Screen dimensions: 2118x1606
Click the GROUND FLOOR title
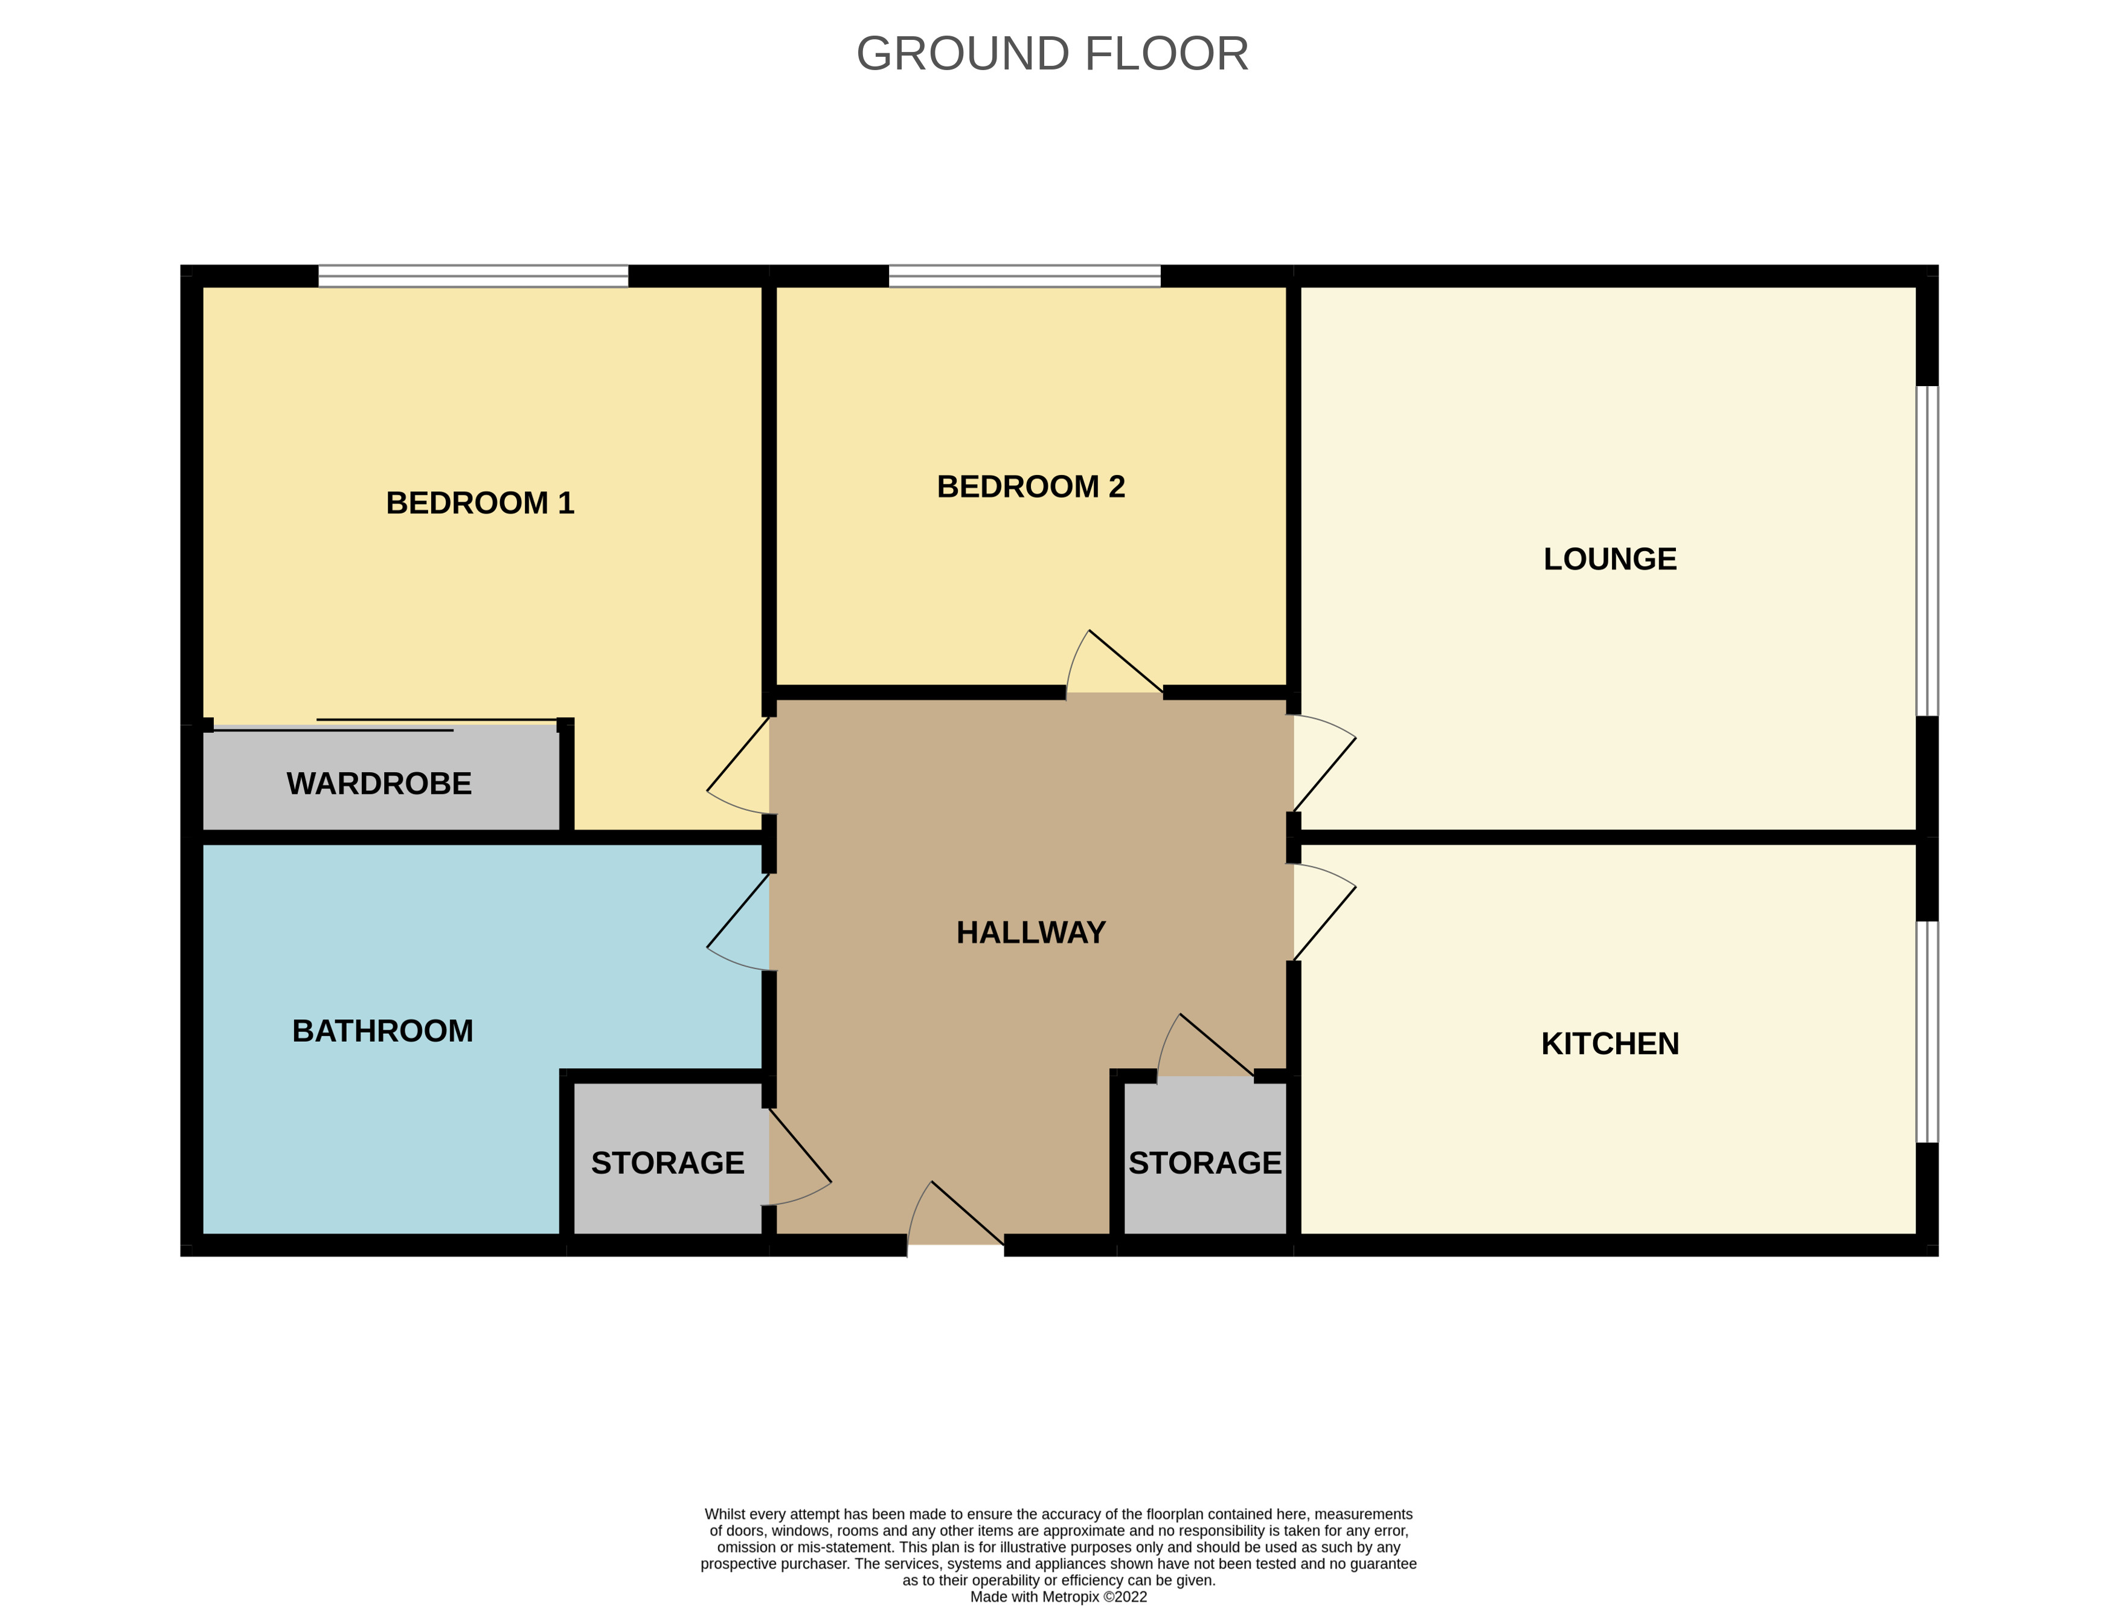(1052, 54)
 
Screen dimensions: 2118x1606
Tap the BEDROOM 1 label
(480, 503)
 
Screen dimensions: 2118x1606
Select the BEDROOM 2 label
(1030, 486)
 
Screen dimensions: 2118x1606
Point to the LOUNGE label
(1609, 558)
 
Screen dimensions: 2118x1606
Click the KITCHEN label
(1609, 1043)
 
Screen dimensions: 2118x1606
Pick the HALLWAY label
(1030, 932)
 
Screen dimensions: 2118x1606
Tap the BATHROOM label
(382, 1030)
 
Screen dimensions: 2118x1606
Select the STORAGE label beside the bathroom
(667, 1163)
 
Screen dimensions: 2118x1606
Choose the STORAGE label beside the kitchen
(1204, 1163)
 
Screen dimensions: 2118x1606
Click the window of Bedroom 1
(473, 276)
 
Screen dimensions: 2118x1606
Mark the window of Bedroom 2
(1024, 276)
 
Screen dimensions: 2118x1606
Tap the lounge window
(1927, 550)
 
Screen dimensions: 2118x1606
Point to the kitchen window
(1927, 1031)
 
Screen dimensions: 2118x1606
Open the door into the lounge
(1324, 763)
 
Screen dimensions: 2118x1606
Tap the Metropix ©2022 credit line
(1058, 1596)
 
